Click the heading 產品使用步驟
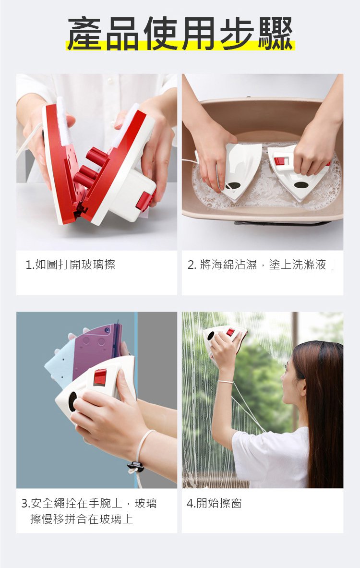[x=180, y=33]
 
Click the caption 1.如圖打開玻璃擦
[x=71, y=265]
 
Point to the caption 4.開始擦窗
[x=214, y=503]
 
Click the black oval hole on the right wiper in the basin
[x=301, y=185]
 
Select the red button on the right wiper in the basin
[x=280, y=161]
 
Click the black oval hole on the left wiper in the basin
[x=233, y=186]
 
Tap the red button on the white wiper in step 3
[x=100, y=377]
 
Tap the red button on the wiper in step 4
[x=230, y=332]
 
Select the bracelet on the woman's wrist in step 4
[x=225, y=382]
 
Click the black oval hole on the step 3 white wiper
[x=72, y=402]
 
